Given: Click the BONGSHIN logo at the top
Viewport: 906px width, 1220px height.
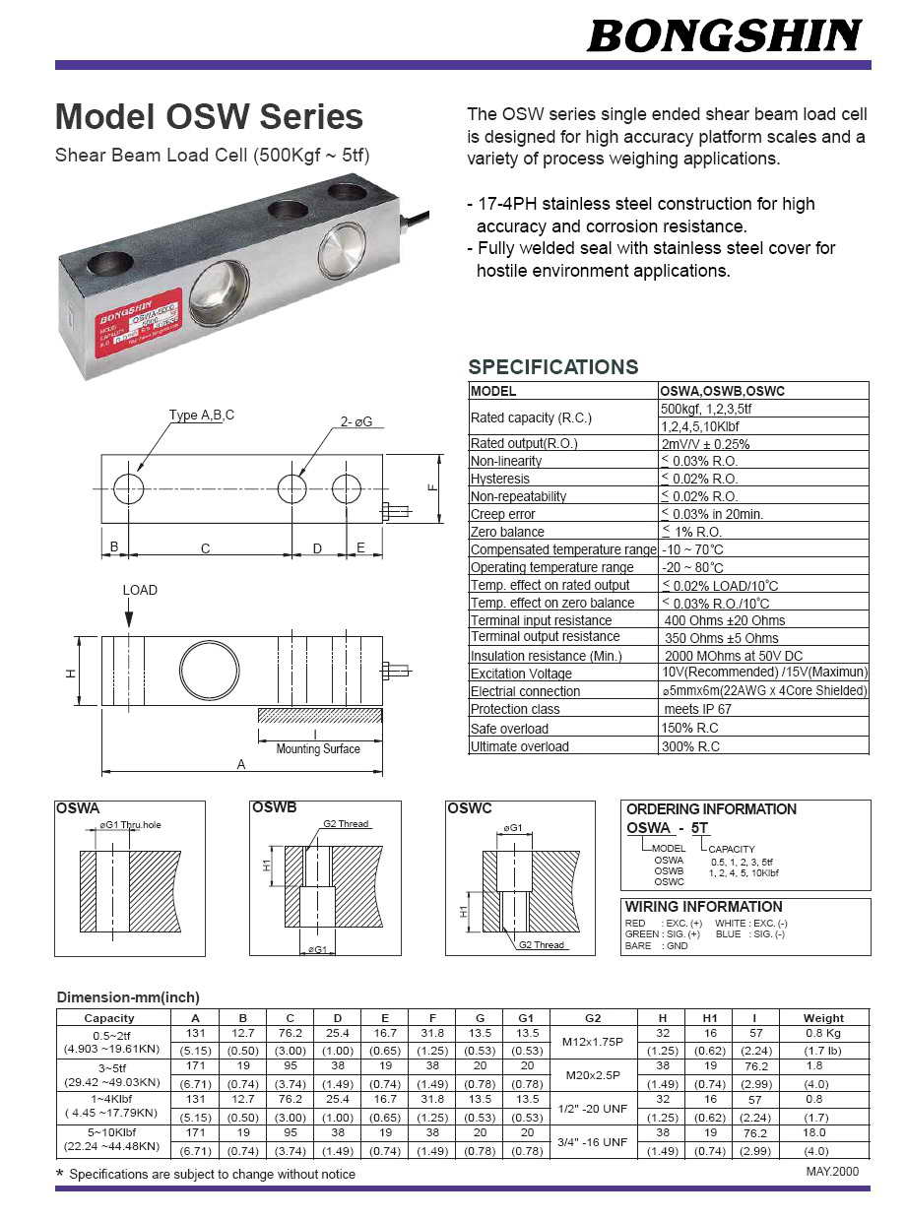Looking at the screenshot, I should (724, 36).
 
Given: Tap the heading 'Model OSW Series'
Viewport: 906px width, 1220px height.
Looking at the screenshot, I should (209, 117).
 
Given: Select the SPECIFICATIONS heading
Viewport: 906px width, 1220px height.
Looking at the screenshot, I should (552, 367).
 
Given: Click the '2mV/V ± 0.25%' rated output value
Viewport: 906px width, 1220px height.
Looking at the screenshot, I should (705, 444).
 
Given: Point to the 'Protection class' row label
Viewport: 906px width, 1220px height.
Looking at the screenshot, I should (515, 710).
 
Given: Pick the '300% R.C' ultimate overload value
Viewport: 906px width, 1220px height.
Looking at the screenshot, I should (689, 746).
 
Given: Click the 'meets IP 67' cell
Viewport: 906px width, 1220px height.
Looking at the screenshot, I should (697, 710).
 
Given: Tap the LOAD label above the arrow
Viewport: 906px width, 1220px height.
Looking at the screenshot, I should (140, 590).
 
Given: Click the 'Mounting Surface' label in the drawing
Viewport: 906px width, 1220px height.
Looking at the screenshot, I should (318, 749).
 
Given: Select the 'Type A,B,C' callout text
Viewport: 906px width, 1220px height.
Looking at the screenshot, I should (202, 416).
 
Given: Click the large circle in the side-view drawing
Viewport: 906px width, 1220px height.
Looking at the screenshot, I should (209, 669).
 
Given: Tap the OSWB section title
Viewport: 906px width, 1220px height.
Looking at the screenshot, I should (275, 808).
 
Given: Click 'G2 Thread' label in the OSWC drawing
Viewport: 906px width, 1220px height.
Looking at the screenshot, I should (543, 945).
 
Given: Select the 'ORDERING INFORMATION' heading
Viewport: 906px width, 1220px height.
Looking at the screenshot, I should (711, 809).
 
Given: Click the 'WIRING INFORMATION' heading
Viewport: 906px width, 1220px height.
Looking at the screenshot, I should (703, 907).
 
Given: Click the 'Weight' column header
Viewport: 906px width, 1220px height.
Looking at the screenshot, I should (823, 1018).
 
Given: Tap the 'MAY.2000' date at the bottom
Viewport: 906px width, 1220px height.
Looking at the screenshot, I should (832, 1172).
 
